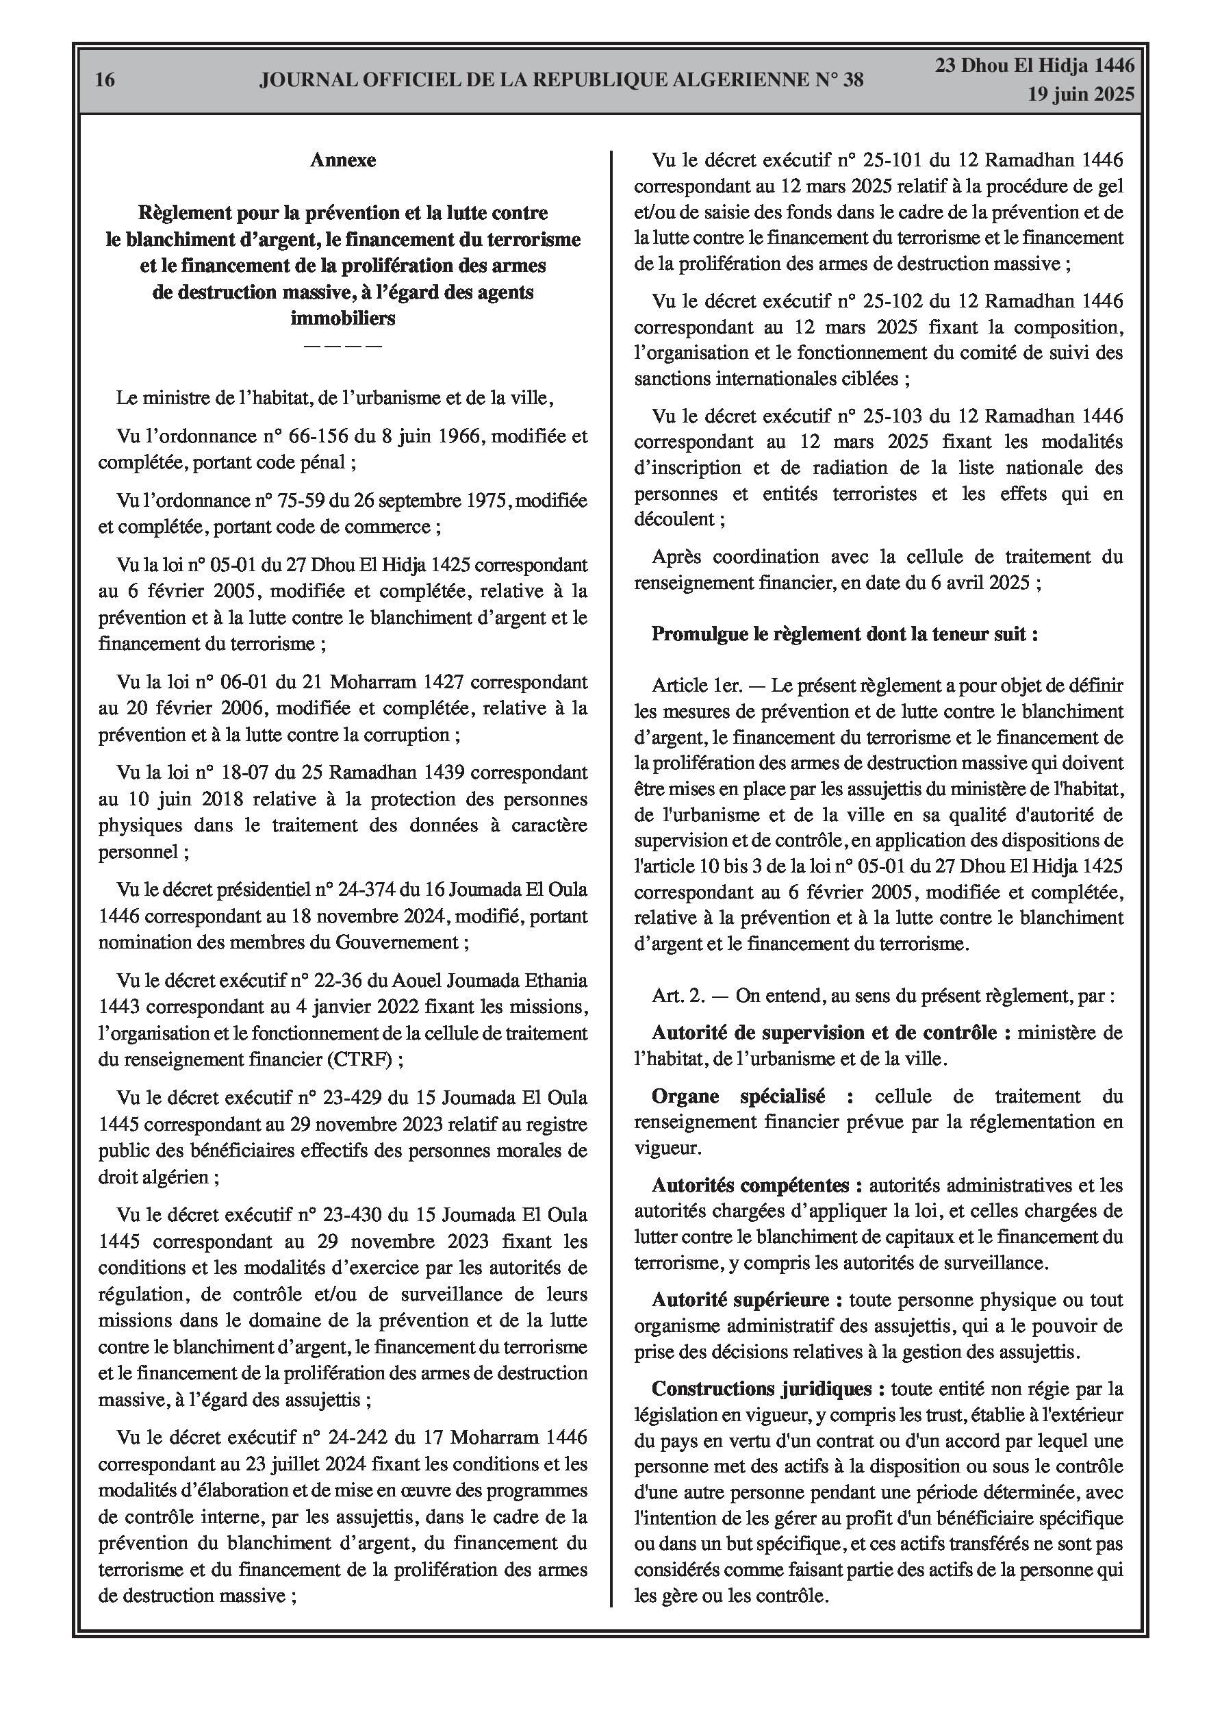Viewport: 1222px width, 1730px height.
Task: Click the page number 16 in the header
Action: click(x=105, y=80)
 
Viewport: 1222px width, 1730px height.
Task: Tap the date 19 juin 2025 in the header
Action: click(x=1080, y=95)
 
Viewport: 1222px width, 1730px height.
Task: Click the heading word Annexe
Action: click(x=343, y=160)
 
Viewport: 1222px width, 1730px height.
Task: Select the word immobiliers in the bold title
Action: click(x=343, y=318)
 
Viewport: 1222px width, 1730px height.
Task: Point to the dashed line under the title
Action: click(x=343, y=345)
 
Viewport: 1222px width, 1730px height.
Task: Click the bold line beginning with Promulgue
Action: click(x=845, y=634)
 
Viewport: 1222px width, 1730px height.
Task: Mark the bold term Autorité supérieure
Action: click(x=741, y=1300)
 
